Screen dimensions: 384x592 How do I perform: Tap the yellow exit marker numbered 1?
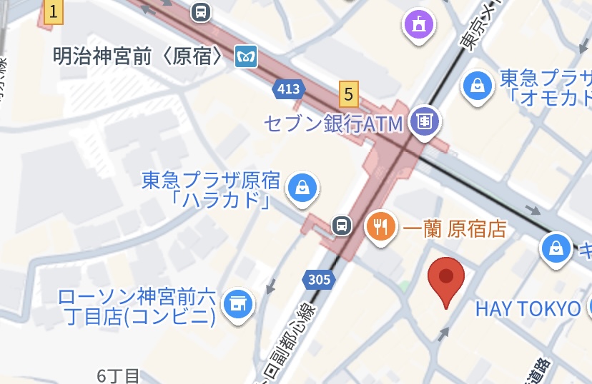[x=53, y=12]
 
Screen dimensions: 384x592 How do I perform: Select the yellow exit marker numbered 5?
[x=348, y=93]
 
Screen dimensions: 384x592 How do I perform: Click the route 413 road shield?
[x=288, y=89]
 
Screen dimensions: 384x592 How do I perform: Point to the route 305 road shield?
[x=318, y=279]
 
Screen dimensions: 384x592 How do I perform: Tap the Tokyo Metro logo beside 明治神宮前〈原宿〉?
[x=246, y=56]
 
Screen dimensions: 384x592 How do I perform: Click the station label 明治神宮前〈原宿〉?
[x=139, y=56]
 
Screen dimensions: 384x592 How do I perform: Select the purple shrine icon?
[x=418, y=25]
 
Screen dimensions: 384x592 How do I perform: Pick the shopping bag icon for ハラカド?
[x=302, y=188]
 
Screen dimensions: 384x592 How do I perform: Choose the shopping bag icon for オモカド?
[x=476, y=86]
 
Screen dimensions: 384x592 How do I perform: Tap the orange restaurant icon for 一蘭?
[x=381, y=227]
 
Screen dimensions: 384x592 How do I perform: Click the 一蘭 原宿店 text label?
[x=455, y=228]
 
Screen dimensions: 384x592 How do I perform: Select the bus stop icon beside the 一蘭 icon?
[x=342, y=226]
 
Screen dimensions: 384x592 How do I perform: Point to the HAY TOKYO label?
[x=528, y=308]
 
